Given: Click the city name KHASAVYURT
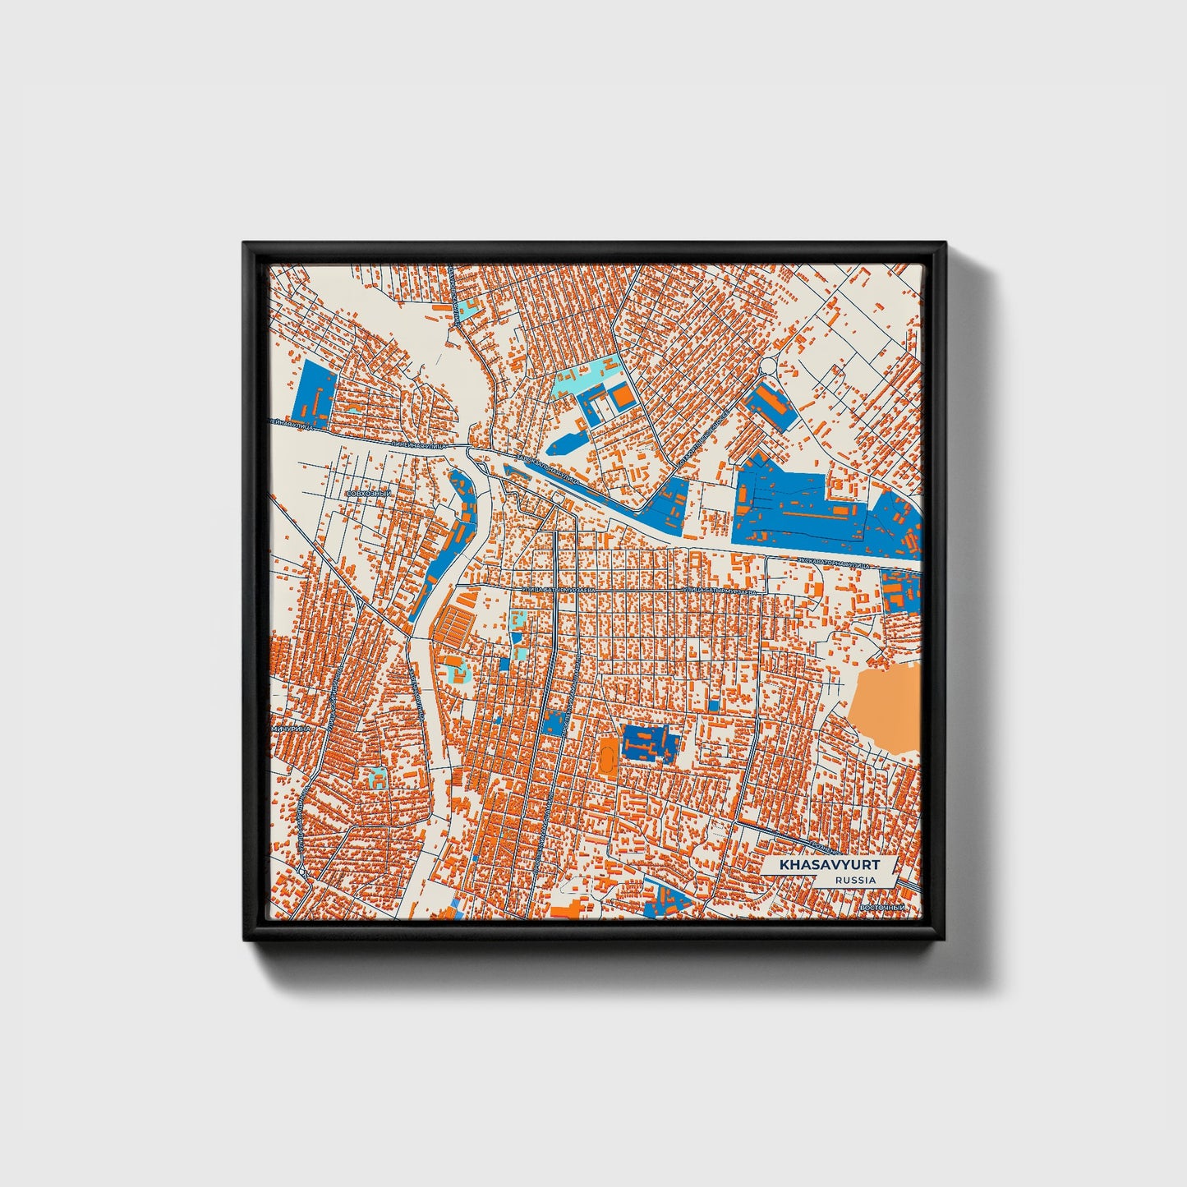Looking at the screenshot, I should click(x=829, y=865).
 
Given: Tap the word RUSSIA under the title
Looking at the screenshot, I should click(x=854, y=880).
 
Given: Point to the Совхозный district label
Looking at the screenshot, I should click(x=369, y=493).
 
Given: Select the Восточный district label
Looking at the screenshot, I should click(x=881, y=907).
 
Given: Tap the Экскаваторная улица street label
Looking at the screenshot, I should click(x=846, y=563).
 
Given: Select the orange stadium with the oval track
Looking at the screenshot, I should click(x=609, y=753).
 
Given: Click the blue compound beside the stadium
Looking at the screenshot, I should click(x=651, y=743).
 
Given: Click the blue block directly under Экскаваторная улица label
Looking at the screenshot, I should click(x=900, y=589).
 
